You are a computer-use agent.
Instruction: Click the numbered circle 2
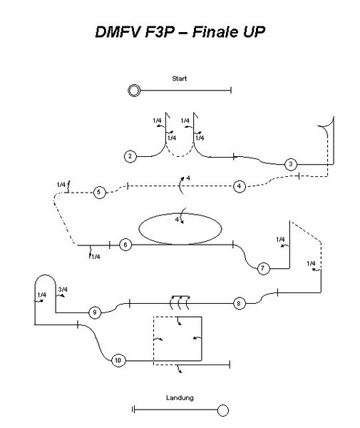coord(130,156)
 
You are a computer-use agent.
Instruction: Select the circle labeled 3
coord(290,164)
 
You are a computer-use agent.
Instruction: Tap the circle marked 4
coord(240,186)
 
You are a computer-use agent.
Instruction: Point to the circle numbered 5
coord(99,192)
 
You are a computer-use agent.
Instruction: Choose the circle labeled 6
coord(125,245)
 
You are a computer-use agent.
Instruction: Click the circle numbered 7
coord(263,268)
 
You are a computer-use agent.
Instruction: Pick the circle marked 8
coord(240,303)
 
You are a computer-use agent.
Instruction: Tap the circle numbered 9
coord(95,312)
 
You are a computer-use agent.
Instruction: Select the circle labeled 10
coord(118,360)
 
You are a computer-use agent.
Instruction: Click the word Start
coord(180,78)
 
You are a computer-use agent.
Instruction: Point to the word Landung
coord(180,398)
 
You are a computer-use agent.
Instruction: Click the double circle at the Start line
coord(134,91)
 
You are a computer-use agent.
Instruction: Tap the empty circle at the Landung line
coord(223,410)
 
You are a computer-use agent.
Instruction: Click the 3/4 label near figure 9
coord(63,290)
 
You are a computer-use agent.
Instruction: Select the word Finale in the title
coord(215,31)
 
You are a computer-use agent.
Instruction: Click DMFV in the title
coord(118,31)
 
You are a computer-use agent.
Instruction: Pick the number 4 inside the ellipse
coord(177,219)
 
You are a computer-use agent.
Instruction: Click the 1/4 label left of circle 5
coord(61,185)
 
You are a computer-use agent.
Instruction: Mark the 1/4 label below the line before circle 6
coord(96,257)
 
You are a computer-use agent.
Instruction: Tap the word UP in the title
coord(254,31)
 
